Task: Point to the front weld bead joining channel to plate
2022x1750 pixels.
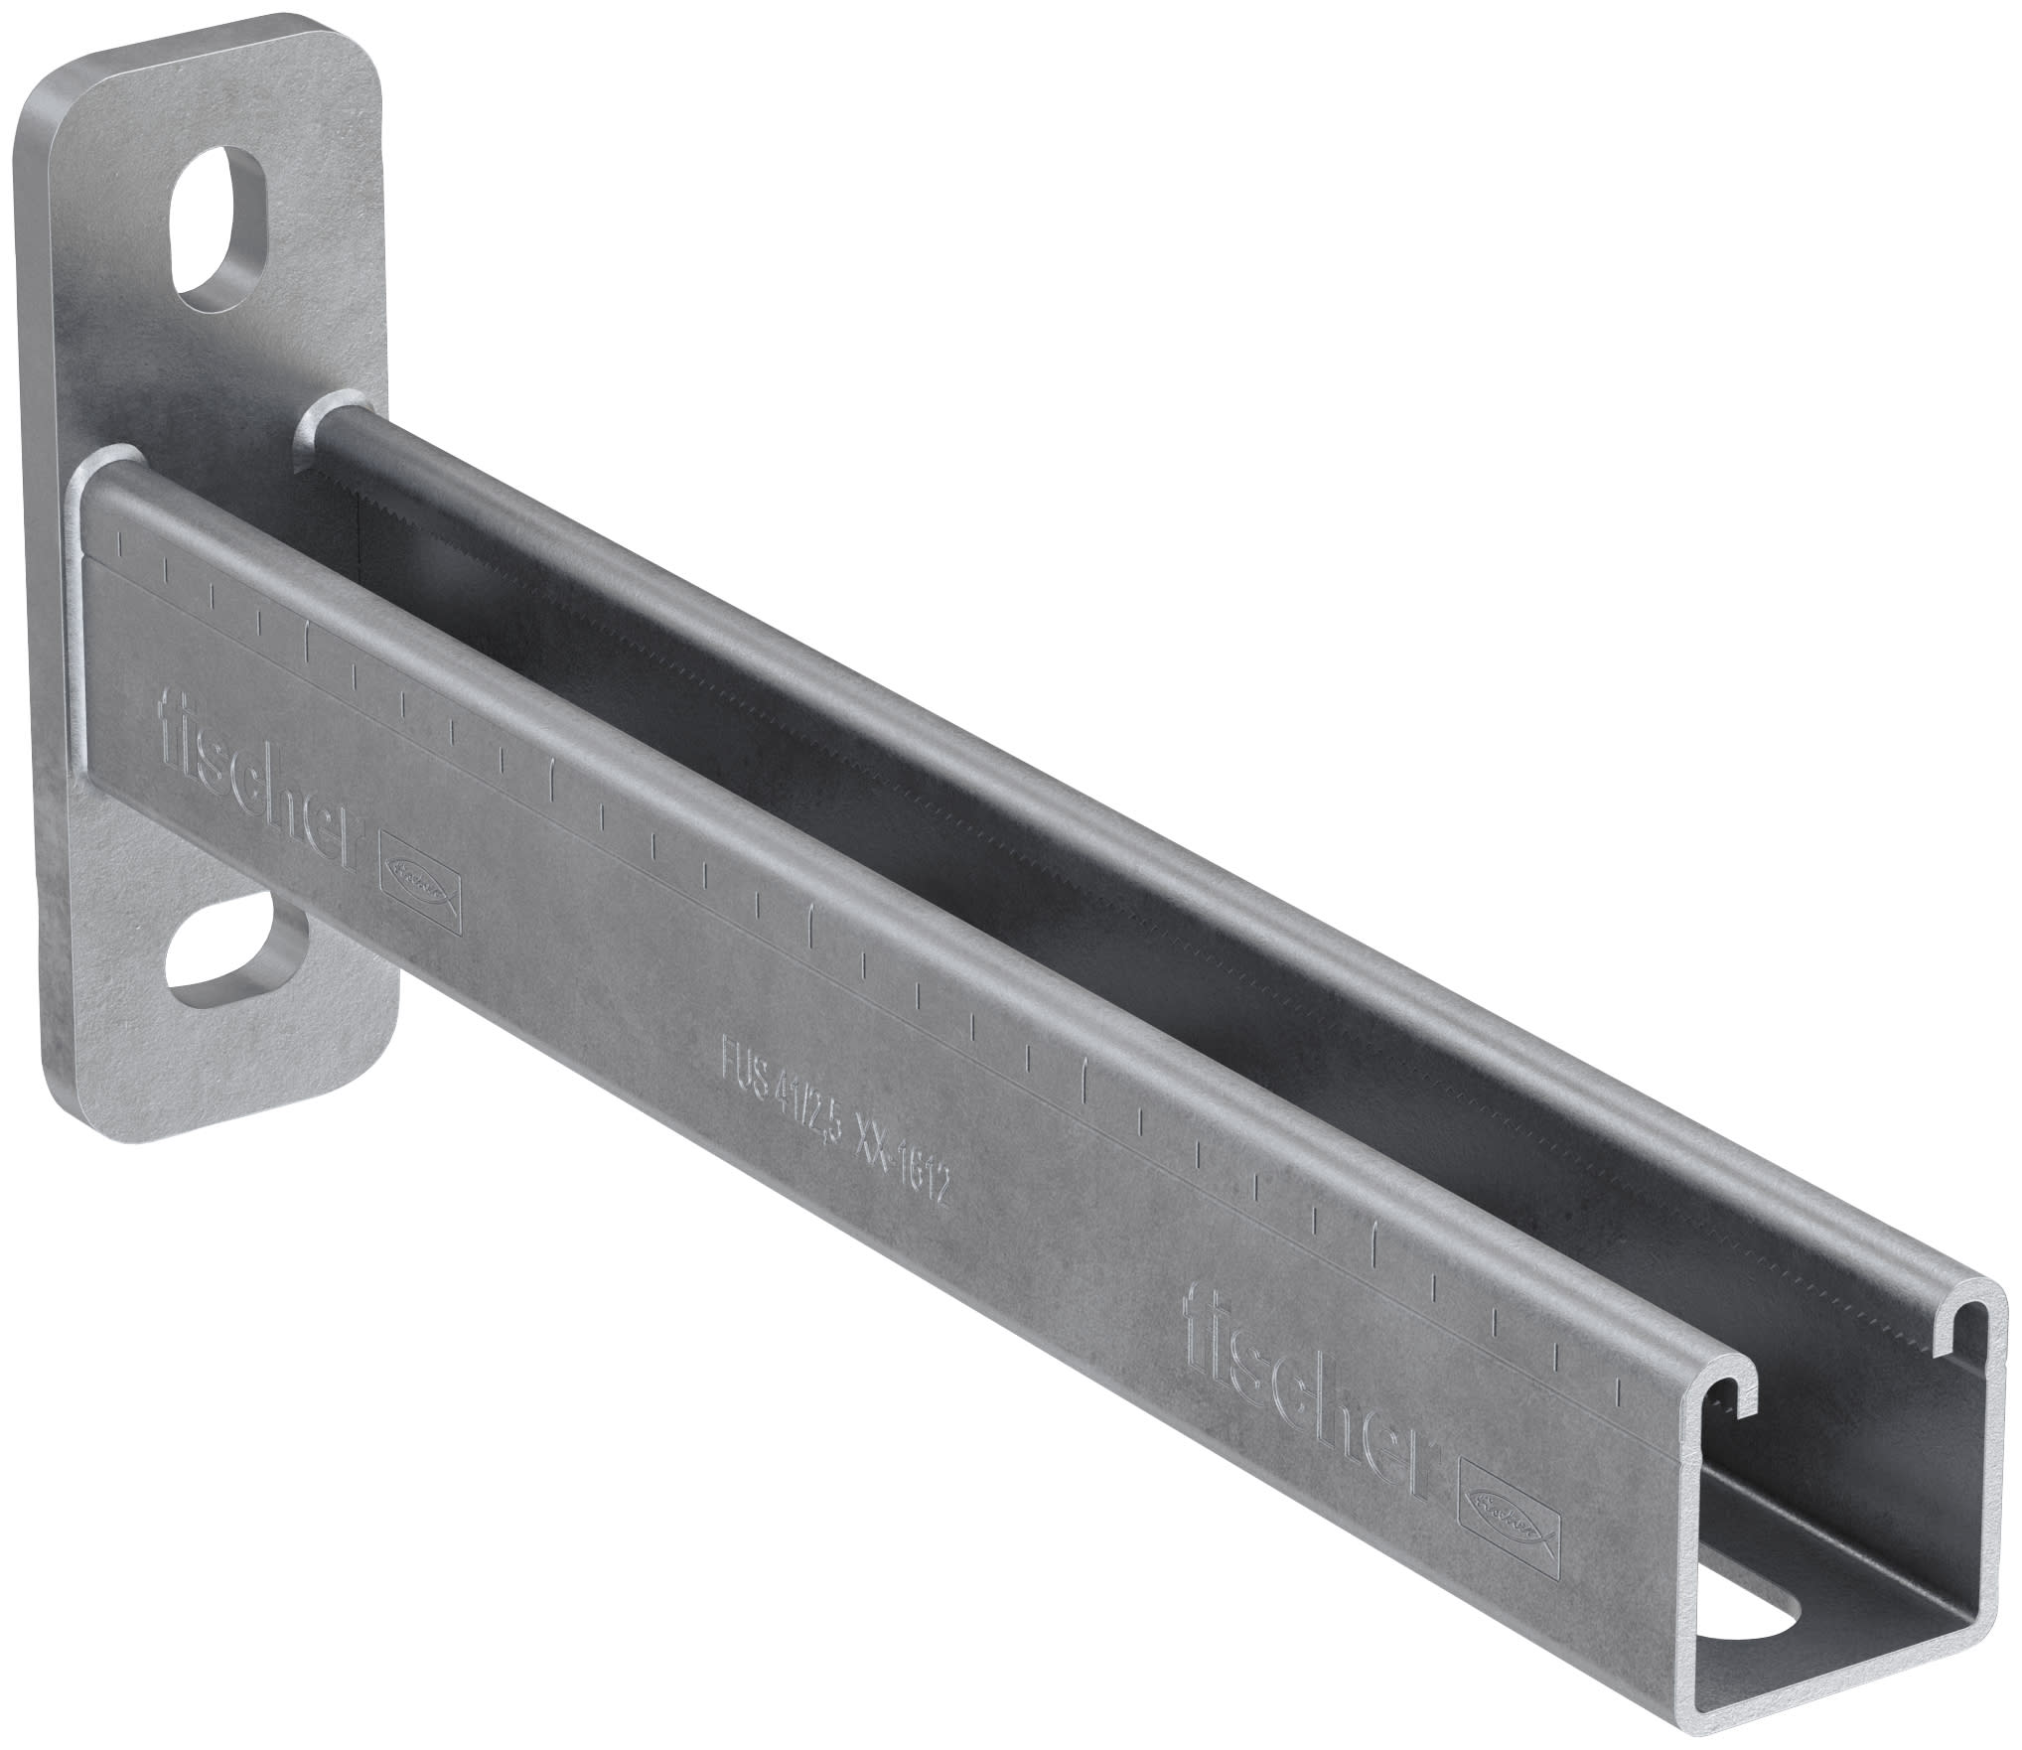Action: (109, 469)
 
